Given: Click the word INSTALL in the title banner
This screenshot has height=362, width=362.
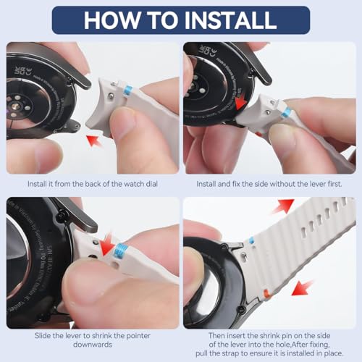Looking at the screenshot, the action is tap(230, 20).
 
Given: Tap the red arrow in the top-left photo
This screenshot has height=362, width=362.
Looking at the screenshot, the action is tap(95, 140).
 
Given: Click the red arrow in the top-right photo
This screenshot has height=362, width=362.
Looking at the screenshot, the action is tap(240, 104).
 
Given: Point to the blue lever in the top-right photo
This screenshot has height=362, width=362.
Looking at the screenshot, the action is tap(287, 113).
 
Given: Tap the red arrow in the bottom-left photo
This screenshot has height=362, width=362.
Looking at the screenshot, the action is tap(107, 244).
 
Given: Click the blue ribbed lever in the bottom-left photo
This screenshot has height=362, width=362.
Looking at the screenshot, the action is tap(120, 250).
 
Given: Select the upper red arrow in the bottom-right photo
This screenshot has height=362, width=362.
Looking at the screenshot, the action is tap(283, 206).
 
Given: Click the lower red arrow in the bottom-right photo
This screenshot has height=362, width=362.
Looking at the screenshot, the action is tap(302, 288).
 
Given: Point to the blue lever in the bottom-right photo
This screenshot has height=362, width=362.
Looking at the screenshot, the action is tap(251, 240).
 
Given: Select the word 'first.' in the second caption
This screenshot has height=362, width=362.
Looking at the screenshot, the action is tap(334, 184).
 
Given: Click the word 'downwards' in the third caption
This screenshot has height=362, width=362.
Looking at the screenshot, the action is tap(93, 345).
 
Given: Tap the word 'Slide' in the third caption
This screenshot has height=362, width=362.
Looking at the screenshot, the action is tap(43, 336).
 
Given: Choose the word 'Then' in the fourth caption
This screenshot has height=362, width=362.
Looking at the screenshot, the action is tap(216, 336).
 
